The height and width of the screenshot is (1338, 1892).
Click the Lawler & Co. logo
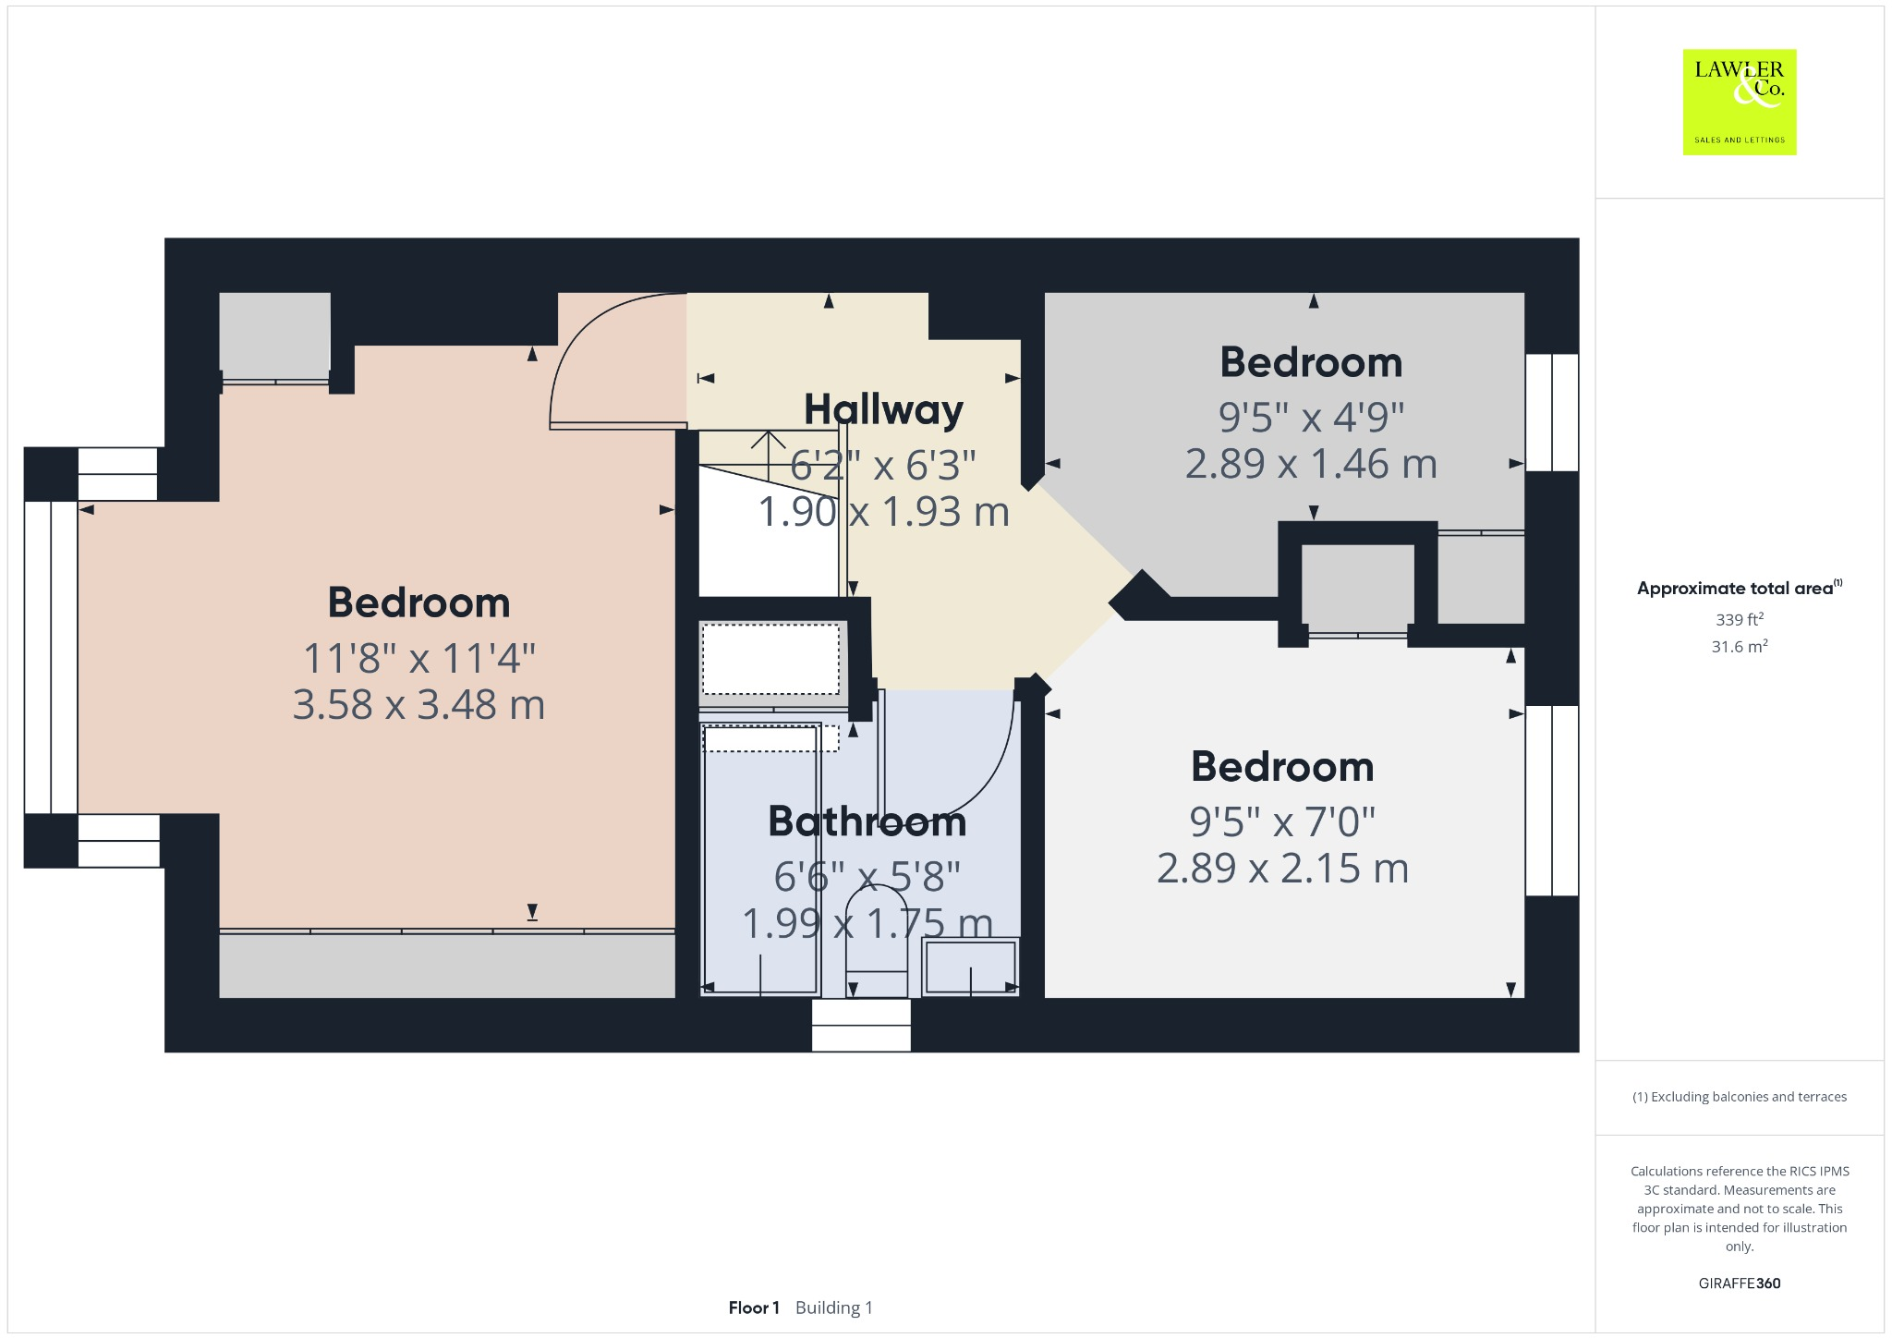(x=1739, y=102)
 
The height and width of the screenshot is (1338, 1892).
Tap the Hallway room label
(x=883, y=409)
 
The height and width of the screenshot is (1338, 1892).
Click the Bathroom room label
(x=867, y=821)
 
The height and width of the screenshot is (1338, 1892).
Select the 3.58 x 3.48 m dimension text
(x=418, y=705)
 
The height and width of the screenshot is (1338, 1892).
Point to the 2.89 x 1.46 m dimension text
(x=1310, y=463)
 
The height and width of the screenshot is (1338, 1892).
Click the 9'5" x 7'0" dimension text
(x=1281, y=821)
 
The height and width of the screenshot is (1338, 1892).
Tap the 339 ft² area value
(x=1739, y=619)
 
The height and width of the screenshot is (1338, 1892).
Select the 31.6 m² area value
(x=1739, y=647)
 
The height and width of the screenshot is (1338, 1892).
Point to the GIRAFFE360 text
(x=1739, y=1283)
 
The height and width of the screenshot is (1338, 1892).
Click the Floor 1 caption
(x=754, y=1308)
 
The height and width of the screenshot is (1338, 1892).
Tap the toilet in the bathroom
(x=877, y=933)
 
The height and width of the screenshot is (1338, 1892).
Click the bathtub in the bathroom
(x=760, y=859)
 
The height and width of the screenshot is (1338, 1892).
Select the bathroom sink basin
(x=970, y=967)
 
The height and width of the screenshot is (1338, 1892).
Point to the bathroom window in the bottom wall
(x=861, y=1025)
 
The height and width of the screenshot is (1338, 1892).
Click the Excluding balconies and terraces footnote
(x=1739, y=1097)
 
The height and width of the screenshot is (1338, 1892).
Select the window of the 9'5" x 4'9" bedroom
(x=1551, y=412)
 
